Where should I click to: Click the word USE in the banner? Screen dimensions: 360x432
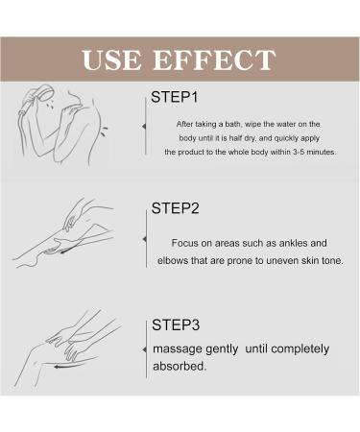click(111, 60)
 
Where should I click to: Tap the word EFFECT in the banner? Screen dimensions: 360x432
click(214, 60)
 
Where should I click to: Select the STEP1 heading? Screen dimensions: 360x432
click(175, 97)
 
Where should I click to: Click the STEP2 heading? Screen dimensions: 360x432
click(175, 208)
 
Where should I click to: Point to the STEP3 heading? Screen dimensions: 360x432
click(176, 324)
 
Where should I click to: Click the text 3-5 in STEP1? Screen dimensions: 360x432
click(299, 152)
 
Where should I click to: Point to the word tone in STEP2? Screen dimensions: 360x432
click(332, 260)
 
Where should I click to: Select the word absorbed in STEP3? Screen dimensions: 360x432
click(180, 366)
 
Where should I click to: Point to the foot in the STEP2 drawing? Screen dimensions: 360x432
click(27, 262)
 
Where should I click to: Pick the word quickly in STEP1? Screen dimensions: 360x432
click(286, 138)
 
